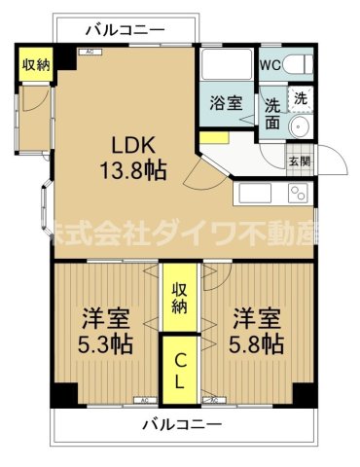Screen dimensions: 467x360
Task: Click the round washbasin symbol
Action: click(x=300, y=129)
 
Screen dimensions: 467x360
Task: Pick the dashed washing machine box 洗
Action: click(x=302, y=98)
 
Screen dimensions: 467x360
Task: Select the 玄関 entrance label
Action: click(x=298, y=162)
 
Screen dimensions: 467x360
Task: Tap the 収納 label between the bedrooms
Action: click(x=181, y=298)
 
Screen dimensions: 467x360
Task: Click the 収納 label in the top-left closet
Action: click(x=36, y=65)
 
